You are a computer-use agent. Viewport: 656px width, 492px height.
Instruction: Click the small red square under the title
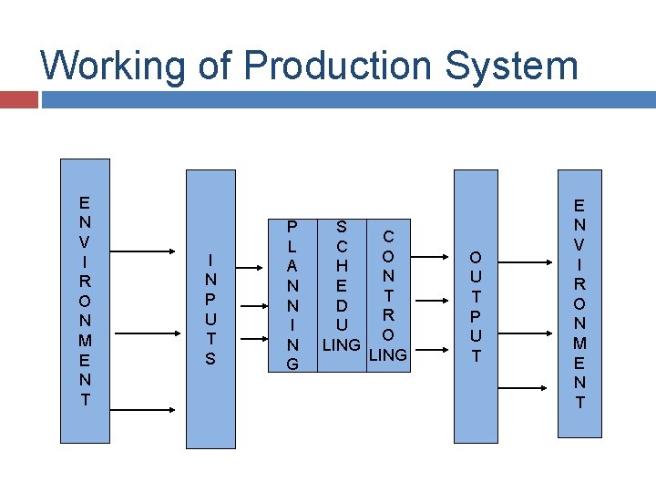(18, 98)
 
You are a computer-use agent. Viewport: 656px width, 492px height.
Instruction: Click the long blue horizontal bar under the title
(348, 98)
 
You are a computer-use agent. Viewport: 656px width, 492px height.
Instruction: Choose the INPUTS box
(210, 309)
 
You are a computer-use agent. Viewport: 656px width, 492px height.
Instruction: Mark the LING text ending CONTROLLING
(387, 354)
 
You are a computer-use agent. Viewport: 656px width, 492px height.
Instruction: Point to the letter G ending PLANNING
(292, 364)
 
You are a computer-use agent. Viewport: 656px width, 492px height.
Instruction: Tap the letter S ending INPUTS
(210, 359)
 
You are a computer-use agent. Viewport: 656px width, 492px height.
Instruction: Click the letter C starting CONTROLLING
(387, 235)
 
